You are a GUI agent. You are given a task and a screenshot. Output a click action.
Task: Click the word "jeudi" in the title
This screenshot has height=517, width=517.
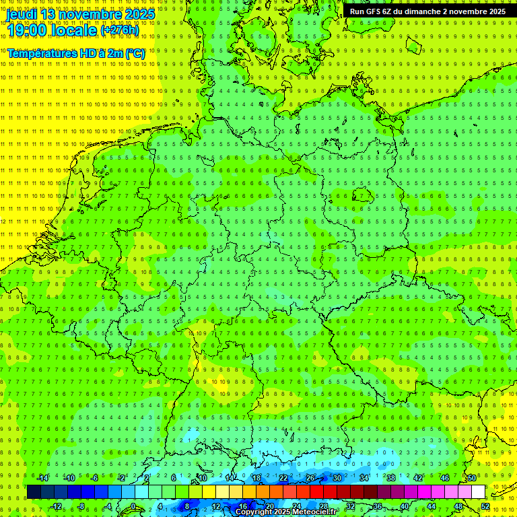click(22, 14)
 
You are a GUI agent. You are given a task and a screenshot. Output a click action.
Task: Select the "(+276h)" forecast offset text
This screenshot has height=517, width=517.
click(120, 30)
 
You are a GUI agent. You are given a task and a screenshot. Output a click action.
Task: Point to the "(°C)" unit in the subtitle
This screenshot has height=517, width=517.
click(133, 53)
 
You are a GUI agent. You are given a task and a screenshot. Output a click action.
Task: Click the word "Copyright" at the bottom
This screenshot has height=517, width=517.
click(255, 512)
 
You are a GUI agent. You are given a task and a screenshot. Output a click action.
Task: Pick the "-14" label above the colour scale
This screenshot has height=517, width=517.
click(42, 478)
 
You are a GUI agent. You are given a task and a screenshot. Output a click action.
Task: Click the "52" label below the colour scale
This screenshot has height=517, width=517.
click(485, 506)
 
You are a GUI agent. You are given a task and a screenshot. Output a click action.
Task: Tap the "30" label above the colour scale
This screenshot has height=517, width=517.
click(337, 478)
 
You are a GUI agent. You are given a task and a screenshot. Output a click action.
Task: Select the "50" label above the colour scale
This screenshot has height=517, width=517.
click(471, 478)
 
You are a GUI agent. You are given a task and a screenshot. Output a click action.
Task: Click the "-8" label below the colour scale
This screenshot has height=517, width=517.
click(81, 506)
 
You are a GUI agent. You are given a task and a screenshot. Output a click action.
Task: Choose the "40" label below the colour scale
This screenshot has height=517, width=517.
click(404, 506)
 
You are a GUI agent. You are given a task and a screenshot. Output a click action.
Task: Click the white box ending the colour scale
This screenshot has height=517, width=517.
click(478, 492)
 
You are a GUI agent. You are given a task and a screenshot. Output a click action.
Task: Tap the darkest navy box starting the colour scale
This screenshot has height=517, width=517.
click(34, 492)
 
